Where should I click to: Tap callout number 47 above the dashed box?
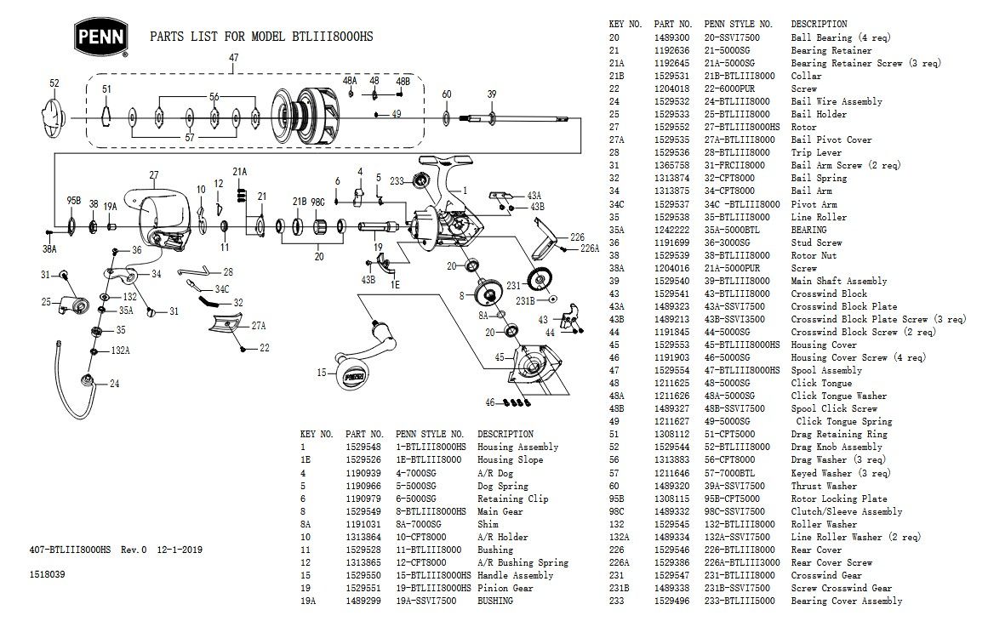coord(234,58)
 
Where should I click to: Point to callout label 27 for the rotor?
coord(154,176)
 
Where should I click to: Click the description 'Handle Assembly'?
coord(515,575)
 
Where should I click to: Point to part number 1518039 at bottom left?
coord(48,575)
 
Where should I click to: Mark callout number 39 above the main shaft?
coord(491,94)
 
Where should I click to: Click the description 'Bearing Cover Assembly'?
coord(847,601)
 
